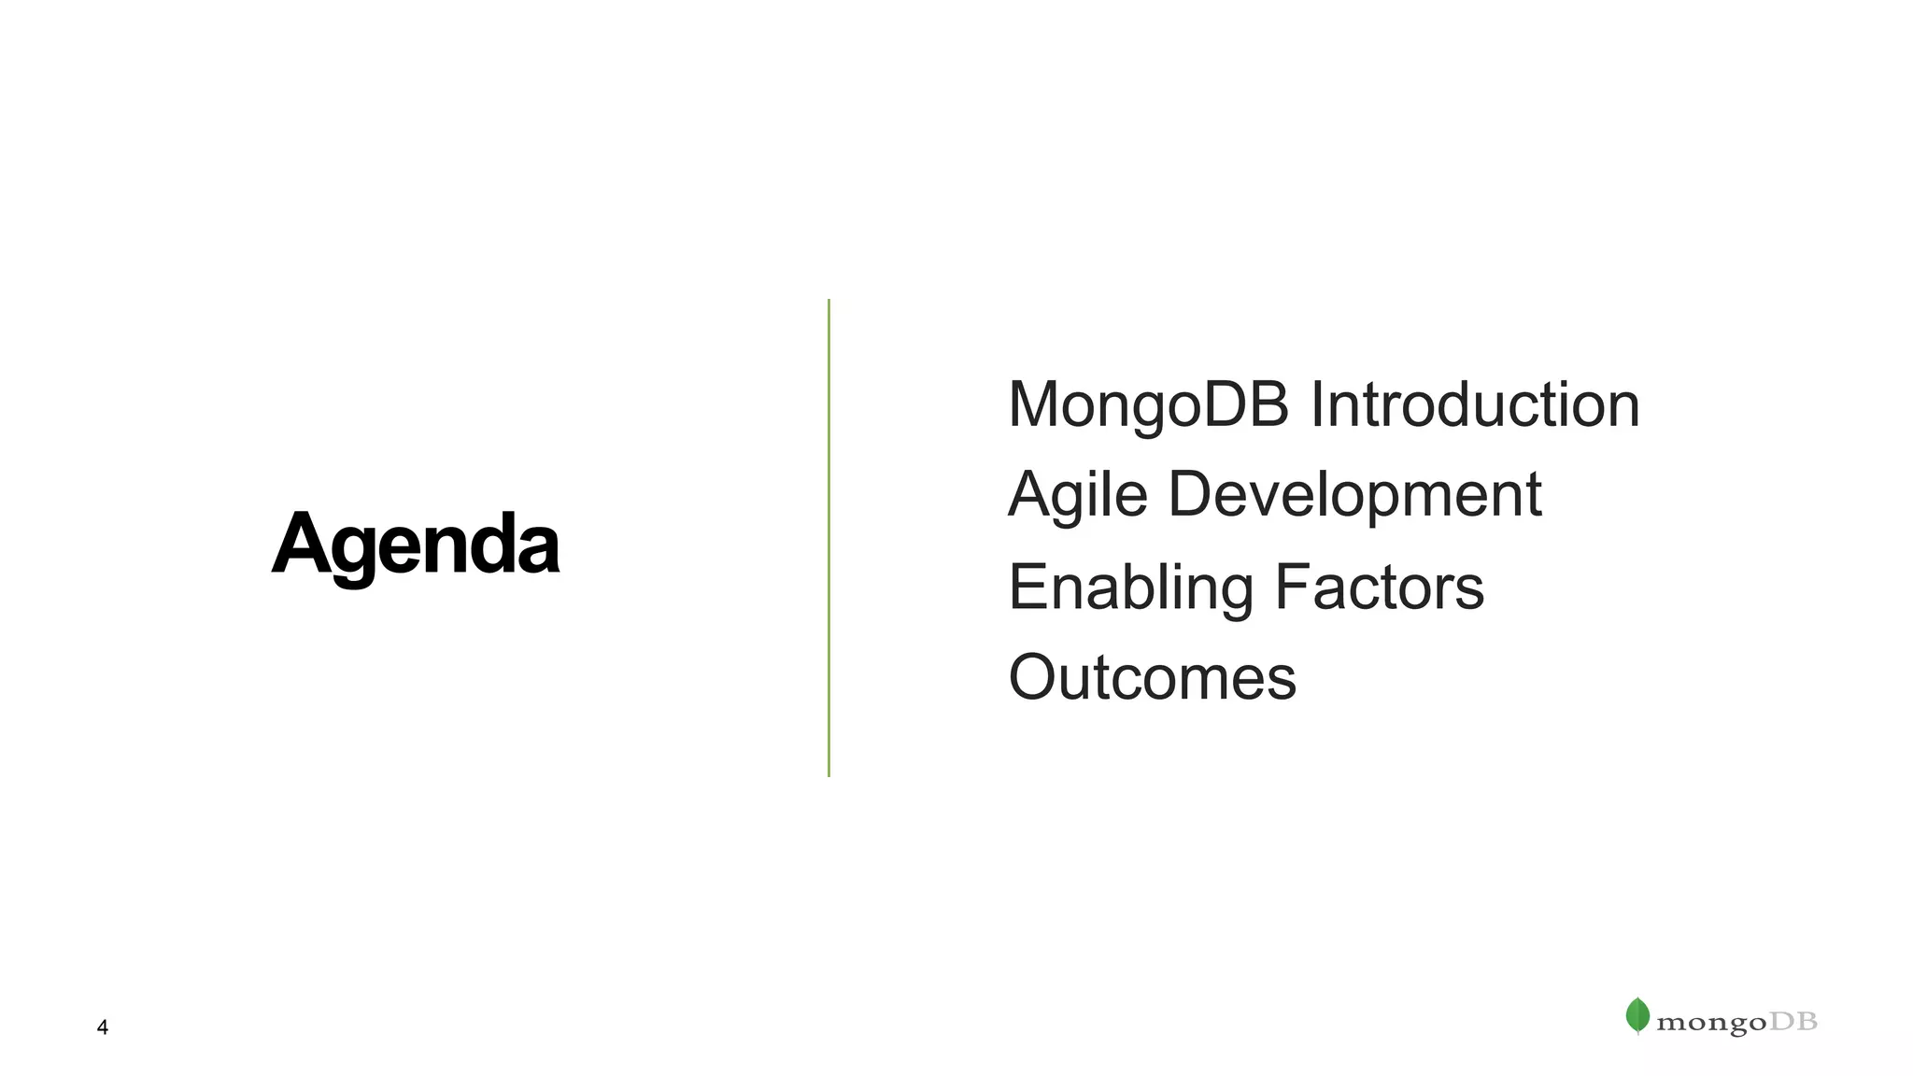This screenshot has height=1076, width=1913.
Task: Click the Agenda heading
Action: pyautogui.click(x=416, y=545)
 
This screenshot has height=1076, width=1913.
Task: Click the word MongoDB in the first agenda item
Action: pyautogui.click(x=1149, y=405)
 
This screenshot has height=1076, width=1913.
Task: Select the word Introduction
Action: pyautogui.click(x=1475, y=405)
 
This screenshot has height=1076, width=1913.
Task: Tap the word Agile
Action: pyautogui.click(x=1078, y=495)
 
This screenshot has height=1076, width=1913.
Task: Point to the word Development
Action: pyautogui.click(x=1354, y=495)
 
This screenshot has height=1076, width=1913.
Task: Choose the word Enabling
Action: pyautogui.click(x=1130, y=588)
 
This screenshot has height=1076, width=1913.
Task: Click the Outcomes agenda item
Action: pyautogui.click(x=1153, y=677)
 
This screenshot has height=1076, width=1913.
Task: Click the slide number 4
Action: pyautogui.click(x=103, y=1027)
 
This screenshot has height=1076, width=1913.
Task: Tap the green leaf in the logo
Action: pyautogui.click(x=1637, y=1015)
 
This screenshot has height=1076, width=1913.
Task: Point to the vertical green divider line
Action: pyautogui.click(x=829, y=538)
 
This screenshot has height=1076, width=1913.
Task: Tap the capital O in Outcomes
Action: pyautogui.click(x=1035, y=677)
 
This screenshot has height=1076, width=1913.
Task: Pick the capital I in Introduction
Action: pyautogui.click(x=1317, y=404)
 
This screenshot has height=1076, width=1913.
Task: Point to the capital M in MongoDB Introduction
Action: pyautogui.click(x=1037, y=404)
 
